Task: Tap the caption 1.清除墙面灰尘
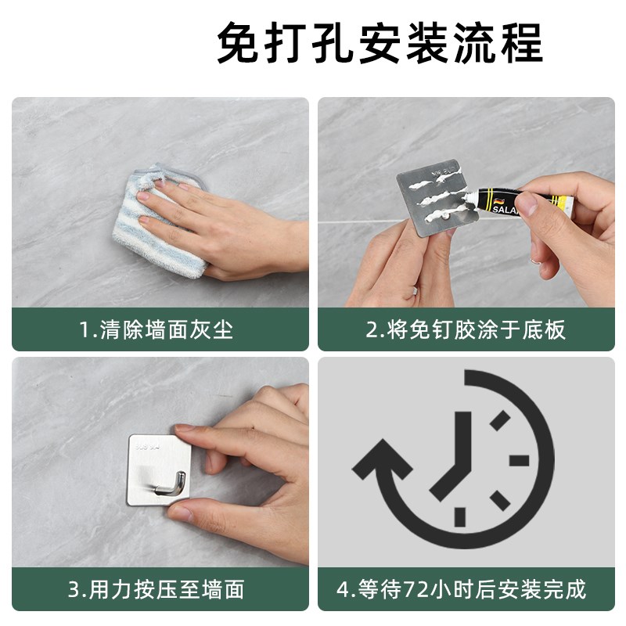[156, 329]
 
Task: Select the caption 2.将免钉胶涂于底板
[466, 329]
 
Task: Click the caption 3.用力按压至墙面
[156, 588]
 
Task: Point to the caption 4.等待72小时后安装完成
[466, 588]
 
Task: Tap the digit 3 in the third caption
[74, 588]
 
